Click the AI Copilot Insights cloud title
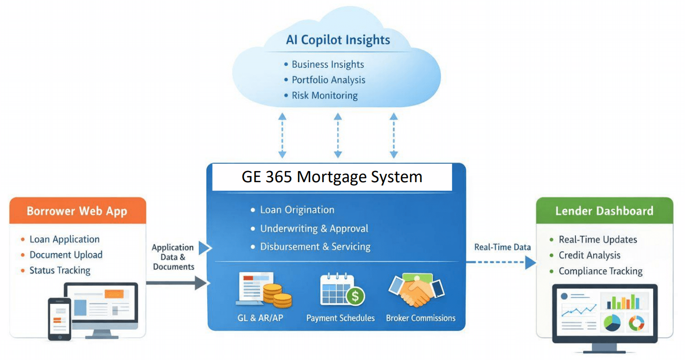point(338,40)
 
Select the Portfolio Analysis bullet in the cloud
point(328,80)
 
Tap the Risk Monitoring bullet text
point(325,95)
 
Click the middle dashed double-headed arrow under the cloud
point(338,136)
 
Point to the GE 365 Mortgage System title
point(332,177)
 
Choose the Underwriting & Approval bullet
point(314,229)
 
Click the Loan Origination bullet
point(297,210)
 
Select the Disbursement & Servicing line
point(315,246)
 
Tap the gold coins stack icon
point(277,295)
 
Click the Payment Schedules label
point(341,318)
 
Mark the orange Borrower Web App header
point(77,211)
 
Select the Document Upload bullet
point(66,255)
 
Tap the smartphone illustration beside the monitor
point(59,318)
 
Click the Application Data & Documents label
point(173,257)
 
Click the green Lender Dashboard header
point(604,211)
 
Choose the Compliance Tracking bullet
point(600,271)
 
